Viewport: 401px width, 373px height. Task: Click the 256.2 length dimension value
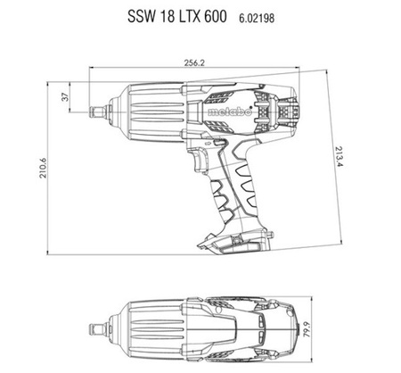click(x=194, y=62)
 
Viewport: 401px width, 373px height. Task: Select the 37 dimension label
click(x=65, y=97)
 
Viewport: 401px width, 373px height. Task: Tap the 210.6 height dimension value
click(x=43, y=168)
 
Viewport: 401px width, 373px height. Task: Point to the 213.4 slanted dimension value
click(x=339, y=156)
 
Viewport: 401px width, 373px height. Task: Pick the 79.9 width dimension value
click(x=307, y=329)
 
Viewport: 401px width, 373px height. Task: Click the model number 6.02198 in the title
click(x=257, y=19)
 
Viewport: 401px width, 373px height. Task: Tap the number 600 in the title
click(x=215, y=16)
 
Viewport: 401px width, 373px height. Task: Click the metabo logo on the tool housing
click(x=230, y=112)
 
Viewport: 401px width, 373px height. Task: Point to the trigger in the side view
click(x=200, y=159)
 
